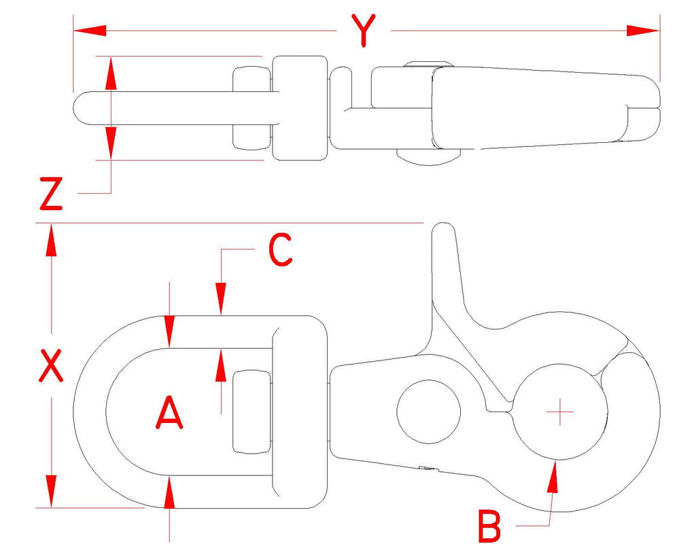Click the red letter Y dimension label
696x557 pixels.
[364, 30]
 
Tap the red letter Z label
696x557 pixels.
[52, 194]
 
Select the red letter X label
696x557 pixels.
[51, 366]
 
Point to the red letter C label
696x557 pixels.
[281, 250]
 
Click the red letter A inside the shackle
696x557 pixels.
[169, 413]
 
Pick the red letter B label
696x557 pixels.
[489, 527]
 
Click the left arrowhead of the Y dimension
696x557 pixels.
[90, 31]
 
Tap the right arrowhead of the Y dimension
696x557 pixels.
[643, 31]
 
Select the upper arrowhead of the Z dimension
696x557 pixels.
[111, 73]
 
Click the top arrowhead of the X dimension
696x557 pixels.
[52, 240]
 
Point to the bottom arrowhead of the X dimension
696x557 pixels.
[52, 491]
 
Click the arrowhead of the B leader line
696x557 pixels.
[553, 477]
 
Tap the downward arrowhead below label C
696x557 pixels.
[221, 299]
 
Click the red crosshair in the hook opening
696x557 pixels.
[560, 412]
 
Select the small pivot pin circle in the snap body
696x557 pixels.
[428, 411]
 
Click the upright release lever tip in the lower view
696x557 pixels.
[443, 231]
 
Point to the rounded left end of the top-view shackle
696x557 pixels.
[84, 108]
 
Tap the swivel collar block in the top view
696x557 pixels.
[300, 108]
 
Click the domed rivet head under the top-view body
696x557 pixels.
[428, 157]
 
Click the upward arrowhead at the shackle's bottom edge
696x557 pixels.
[169, 492]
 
